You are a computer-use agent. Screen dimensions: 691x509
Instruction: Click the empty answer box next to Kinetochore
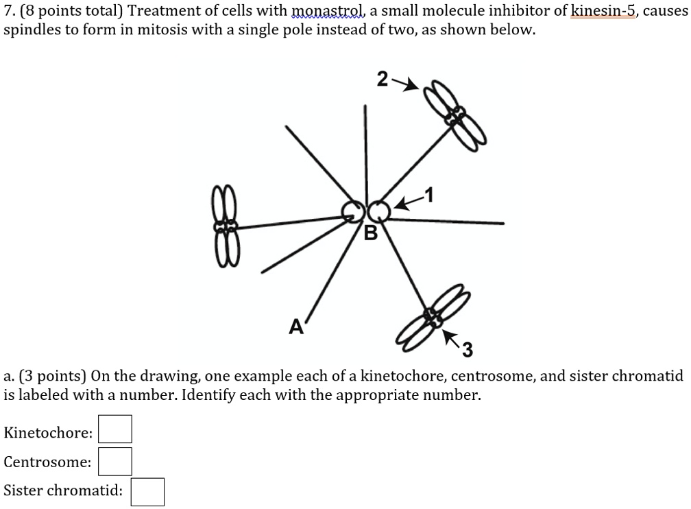pos(115,429)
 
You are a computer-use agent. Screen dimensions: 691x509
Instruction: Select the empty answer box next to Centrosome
pos(115,462)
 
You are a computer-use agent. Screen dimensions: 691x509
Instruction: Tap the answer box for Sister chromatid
pos(147,492)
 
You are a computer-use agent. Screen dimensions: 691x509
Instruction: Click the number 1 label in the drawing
pos(429,195)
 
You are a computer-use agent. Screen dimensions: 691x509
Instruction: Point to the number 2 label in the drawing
pos(382,80)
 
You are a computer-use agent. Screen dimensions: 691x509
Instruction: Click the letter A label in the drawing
pos(296,327)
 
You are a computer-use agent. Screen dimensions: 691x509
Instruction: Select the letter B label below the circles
pos(371,233)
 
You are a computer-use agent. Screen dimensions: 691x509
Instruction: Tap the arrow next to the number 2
pos(405,84)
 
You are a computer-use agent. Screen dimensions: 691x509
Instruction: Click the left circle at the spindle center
pos(353,212)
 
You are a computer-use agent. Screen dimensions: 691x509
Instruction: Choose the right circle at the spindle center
pos(378,212)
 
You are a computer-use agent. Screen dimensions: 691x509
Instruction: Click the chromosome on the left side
pos(226,226)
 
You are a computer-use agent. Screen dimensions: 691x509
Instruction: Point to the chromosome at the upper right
pos(455,115)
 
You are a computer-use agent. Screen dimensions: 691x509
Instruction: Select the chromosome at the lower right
pos(433,318)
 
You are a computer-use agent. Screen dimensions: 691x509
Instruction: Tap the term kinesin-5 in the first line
pos(604,10)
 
